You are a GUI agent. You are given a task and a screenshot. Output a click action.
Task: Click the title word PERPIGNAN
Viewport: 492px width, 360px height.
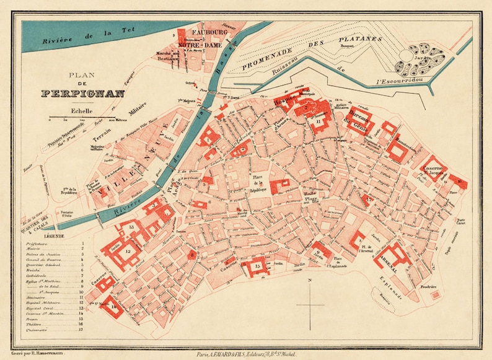tap(83, 94)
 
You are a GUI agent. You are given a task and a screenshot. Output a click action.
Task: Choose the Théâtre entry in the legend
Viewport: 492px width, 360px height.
tap(45, 324)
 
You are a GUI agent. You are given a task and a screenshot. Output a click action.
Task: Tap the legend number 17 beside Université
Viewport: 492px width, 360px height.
tap(81, 330)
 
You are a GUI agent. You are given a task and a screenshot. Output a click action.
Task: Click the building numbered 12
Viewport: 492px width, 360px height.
tap(128, 252)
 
